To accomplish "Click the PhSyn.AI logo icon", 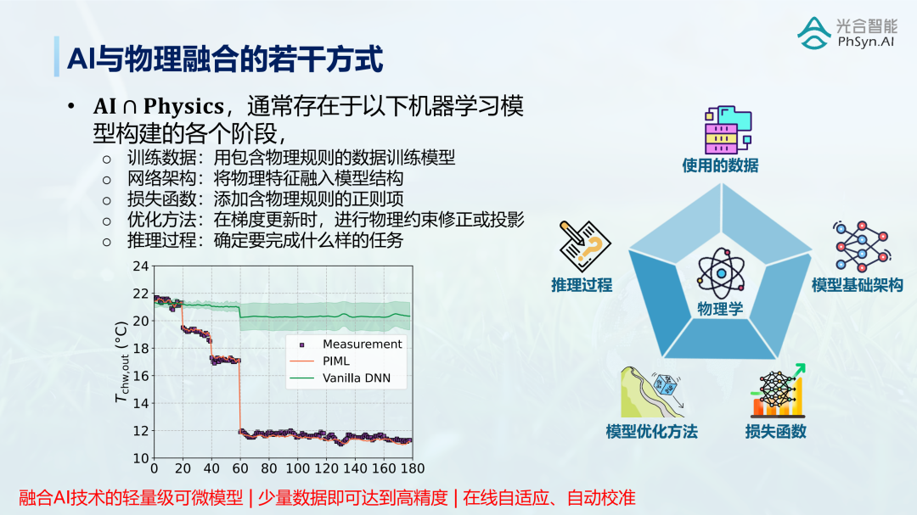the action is click(x=814, y=33).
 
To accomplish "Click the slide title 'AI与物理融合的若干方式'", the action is click(x=225, y=59).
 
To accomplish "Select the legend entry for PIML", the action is click(x=320, y=361).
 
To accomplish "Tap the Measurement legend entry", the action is click(x=350, y=344).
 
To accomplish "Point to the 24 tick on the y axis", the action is click(x=141, y=266).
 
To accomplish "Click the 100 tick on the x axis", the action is click(x=298, y=468).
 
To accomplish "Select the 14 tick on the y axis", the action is click(x=141, y=403).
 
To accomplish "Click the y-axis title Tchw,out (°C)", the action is click(x=121, y=361).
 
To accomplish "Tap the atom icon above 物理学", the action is click(x=721, y=273).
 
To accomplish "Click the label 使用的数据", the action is click(x=720, y=165).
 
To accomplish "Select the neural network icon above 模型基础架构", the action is click(x=862, y=246).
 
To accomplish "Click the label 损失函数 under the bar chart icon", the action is click(x=775, y=431).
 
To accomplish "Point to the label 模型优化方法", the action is click(x=651, y=431).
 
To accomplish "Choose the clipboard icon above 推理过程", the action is click(x=584, y=245).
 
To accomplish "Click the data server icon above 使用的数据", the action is click(x=728, y=130).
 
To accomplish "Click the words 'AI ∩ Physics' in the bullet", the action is click(x=159, y=106).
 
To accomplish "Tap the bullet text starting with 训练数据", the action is click(x=291, y=158).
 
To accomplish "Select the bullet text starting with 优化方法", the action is click(x=326, y=220).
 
